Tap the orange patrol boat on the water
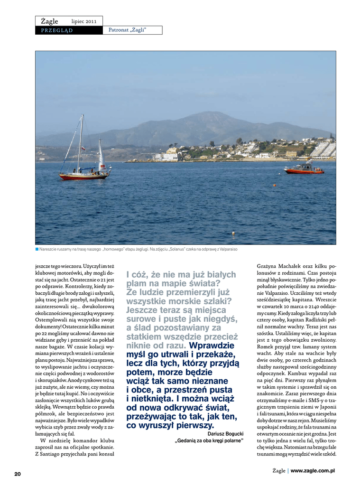coord(304,168)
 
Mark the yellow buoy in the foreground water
coord(232,233)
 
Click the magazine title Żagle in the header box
coord(49,21)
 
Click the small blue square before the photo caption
coord(37,249)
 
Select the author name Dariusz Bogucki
coord(225,433)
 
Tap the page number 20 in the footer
coord(18,474)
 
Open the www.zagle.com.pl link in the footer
coord(313,470)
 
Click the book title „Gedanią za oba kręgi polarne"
coord(209,441)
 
